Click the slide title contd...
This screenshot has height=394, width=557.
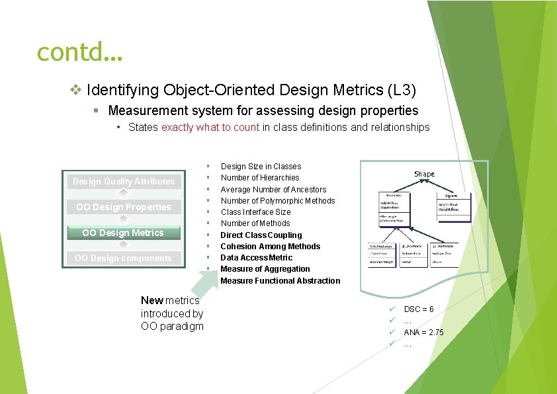(x=80, y=51)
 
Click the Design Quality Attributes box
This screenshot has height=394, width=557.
(x=124, y=181)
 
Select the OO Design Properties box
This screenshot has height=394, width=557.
(x=124, y=207)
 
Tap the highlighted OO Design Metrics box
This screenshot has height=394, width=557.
(x=123, y=233)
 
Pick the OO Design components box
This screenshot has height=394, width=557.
(x=123, y=258)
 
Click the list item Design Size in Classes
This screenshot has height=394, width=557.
(x=261, y=167)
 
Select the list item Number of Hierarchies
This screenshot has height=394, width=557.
(x=260, y=178)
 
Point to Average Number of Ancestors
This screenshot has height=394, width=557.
(x=273, y=190)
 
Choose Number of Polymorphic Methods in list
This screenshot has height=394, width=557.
(x=278, y=201)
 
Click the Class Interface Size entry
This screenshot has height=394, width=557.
(x=255, y=212)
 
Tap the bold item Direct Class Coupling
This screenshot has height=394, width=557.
(x=261, y=235)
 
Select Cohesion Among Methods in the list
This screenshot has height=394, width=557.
(x=270, y=247)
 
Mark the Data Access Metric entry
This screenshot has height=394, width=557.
(x=256, y=258)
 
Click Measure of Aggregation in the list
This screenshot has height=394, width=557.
(x=265, y=269)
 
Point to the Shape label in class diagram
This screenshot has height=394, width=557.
(x=424, y=174)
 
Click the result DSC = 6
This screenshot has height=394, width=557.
(x=419, y=309)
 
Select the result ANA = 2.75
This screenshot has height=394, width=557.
(x=423, y=333)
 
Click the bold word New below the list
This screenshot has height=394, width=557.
(x=151, y=301)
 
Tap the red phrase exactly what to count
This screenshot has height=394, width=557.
(x=210, y=127)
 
